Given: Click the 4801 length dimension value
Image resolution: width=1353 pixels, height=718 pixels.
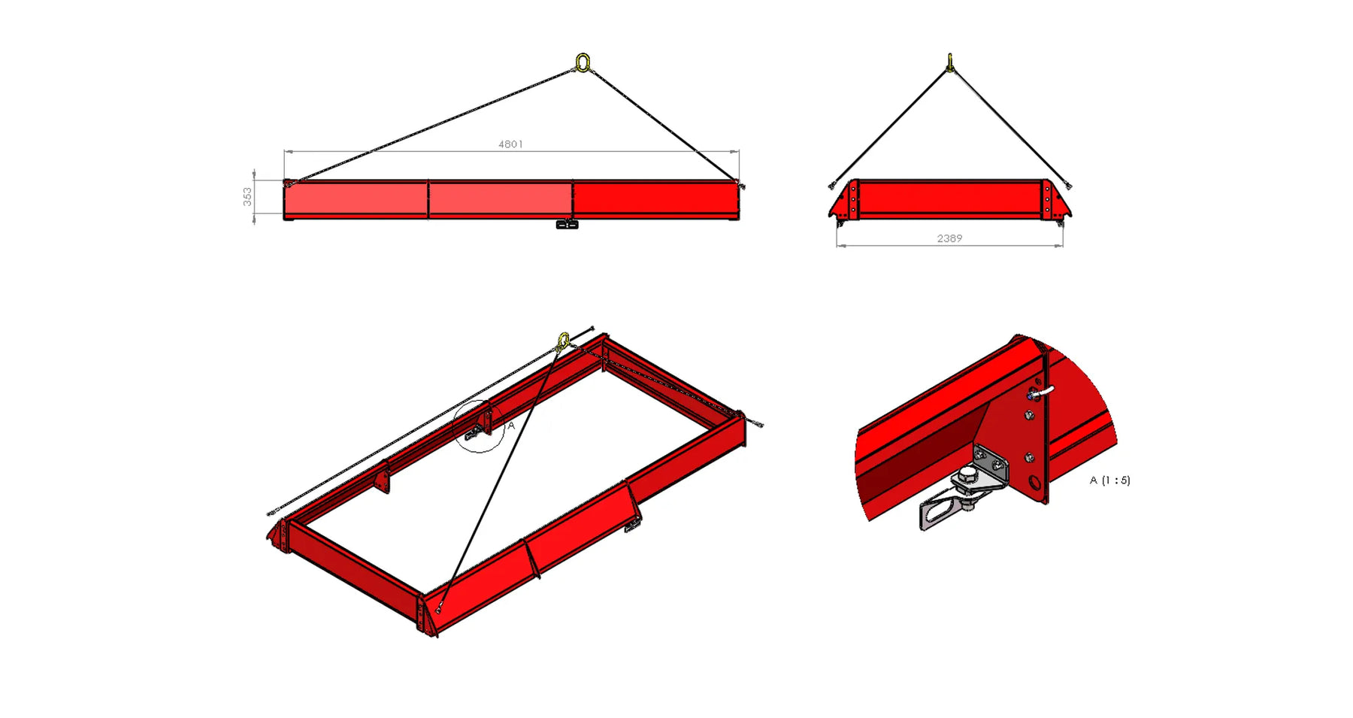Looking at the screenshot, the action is pyautogui.click(x=510, y=144).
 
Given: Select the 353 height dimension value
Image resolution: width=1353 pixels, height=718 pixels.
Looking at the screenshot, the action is pyautogui.click(x=247, y=196).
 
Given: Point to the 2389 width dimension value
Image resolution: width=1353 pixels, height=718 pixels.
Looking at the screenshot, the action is pyautogui.click(x=949, y=238).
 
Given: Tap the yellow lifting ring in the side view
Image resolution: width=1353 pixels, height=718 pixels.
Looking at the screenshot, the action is pyautogui.click(x=583, y=62).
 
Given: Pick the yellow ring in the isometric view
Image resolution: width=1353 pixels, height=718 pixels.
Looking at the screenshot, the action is pyautogui.click(x=563, y=341).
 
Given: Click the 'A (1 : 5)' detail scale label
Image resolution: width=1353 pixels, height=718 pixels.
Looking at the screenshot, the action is pyautogui.click(x=1109, y=480).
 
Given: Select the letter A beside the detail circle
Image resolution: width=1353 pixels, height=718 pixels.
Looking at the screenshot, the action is pyautogui.click(x=511, y=426).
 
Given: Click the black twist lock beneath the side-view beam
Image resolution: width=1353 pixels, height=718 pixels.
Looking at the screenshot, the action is pyautogui.click(x=567, y=224).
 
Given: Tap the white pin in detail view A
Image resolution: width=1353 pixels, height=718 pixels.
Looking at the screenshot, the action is pyautogui.click(x=1045, y=391).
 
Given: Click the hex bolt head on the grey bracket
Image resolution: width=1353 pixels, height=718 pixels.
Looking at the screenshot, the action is pyautogui.click(x=966, y=474).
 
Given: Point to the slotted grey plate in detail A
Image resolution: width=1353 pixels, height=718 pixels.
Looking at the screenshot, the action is pyautogui.click(x=940, y=510).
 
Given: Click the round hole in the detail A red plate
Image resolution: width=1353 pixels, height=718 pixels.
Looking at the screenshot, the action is pyautogui.click(x=1036, y=483).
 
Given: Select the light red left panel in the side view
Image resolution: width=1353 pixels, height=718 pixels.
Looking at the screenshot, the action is pyautogui.click(x=356, y=200).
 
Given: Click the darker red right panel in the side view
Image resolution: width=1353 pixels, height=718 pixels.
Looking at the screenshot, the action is pyautogui.click(x=655, y=200).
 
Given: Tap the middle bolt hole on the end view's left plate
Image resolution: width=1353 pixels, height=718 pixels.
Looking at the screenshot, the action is pyautogui.click(x=853, y=199).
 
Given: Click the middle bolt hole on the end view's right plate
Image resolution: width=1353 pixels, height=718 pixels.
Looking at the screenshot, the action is pyautogui.click(x=1046, y=199).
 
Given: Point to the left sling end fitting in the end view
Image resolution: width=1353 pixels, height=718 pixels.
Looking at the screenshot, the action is pyautogui.click(x=834, y=184).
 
